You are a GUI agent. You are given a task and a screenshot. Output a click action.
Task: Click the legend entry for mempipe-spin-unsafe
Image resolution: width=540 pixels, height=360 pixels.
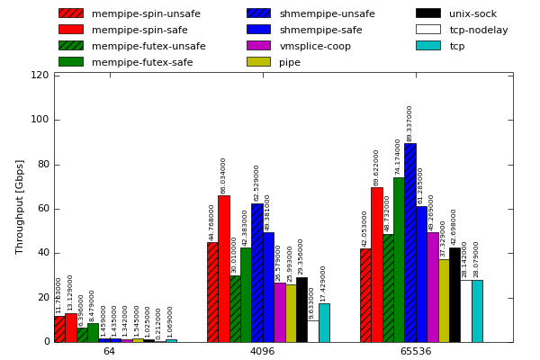tap(145, 13)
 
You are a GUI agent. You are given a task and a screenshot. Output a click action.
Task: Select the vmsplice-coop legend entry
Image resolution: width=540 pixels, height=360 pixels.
tap(315, 46)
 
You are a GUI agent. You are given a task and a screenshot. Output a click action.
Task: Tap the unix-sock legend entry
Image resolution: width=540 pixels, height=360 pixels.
tap(472, 13)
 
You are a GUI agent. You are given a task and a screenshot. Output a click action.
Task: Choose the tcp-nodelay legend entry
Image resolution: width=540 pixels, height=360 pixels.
tap(478, 30)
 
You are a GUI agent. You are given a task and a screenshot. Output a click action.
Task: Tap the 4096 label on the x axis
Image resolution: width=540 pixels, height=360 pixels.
tap(262, 351)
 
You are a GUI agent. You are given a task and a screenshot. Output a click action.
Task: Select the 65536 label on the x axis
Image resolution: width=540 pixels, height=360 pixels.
tap(415, 351)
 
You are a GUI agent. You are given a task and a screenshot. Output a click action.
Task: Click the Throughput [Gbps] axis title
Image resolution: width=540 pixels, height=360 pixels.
tap(20, 207)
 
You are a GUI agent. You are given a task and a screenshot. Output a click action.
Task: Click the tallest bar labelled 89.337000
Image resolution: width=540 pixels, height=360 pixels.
tap(409, 243)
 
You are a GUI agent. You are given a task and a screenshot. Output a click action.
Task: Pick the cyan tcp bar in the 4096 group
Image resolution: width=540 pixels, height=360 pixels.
tap(324, 322)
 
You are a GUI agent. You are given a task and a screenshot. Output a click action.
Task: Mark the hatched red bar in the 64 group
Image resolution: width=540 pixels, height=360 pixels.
tap(59, 328)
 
